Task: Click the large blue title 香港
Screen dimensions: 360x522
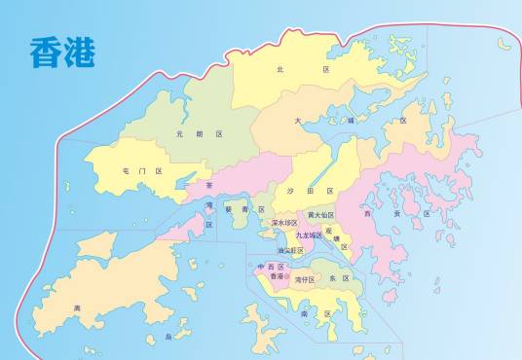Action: pos(62,53)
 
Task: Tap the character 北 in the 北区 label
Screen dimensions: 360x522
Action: pos(280,70)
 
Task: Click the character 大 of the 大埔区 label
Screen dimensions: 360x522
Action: pos(298,121)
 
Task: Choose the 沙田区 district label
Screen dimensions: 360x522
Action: pos(311,191)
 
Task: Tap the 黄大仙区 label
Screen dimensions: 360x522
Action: pos(320,214)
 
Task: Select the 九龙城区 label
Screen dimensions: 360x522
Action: pos(309,235)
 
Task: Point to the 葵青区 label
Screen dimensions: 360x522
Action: pos(239,208)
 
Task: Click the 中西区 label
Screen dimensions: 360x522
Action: pos(270,266)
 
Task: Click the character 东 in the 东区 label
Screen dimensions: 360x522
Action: pos(332,278)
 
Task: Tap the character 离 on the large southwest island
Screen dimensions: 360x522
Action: pos(77,308)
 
